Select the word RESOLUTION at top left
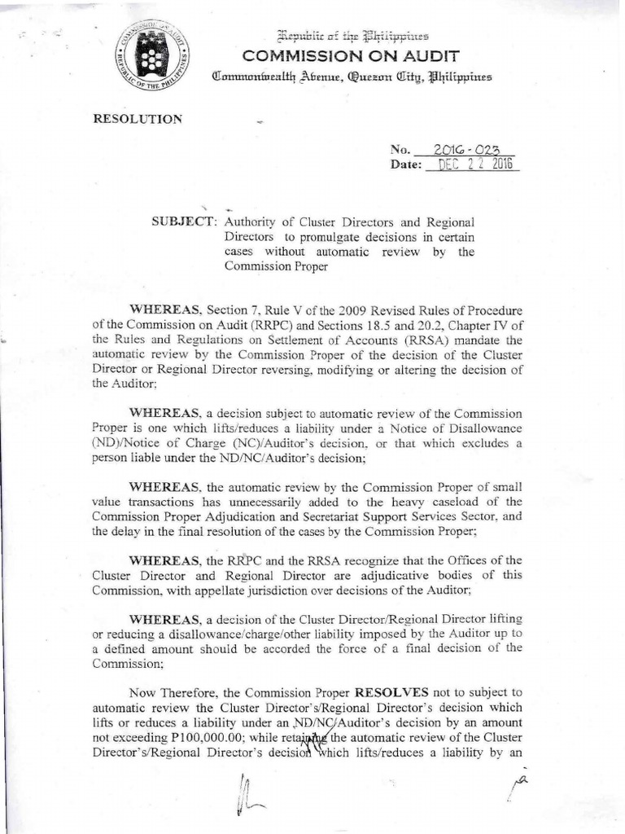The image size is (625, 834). point(138,119)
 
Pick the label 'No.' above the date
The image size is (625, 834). point(400,150)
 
